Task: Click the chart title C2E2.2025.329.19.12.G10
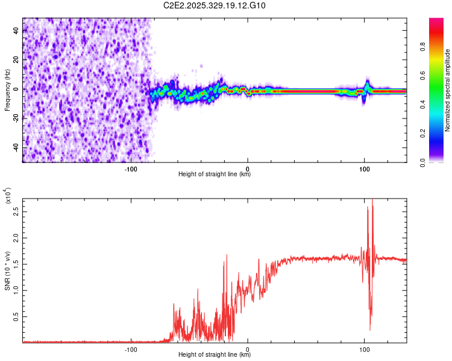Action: tap(215, 6)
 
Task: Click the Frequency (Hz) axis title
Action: tap(7, 90)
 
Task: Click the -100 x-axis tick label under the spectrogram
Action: tap(131, 169)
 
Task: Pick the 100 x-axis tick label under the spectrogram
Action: tap(364, 169)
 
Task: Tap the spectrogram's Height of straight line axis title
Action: tap(215, 175)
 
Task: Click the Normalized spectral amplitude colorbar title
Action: tap(448, 90)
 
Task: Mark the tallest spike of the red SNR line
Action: tap(372, 200)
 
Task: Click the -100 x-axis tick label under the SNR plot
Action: tap(131, 349)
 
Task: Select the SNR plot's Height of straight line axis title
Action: tap(215, 355)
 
